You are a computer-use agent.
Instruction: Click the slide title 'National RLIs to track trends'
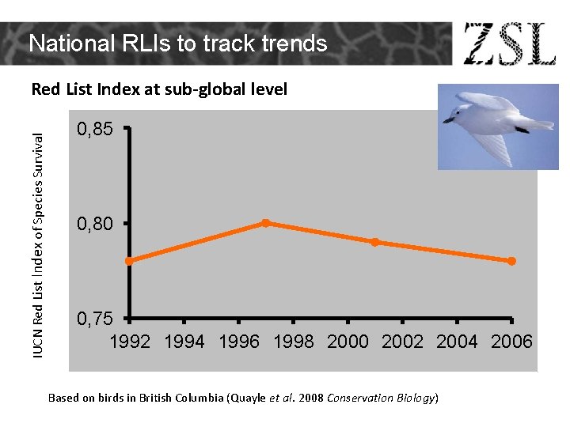[x=178, y=43]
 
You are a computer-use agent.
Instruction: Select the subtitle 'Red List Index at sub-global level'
[x=159, y=89]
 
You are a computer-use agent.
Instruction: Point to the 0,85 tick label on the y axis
[x=95, y=128]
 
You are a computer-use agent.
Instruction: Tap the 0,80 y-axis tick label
[x=95, y=225]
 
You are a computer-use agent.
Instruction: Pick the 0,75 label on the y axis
[x=95, y=319]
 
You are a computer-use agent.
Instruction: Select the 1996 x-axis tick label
[x=238, y=342]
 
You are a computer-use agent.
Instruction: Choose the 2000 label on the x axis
[x=348, y=342]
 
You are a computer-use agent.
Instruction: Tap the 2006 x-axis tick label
[x=511, y=342]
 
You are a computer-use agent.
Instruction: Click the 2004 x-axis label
[x=457, y=342]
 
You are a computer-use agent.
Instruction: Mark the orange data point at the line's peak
[x=266, y=223]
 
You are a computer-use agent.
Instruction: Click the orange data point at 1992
[x=129, y=261]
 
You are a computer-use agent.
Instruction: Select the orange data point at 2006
[x=511, y=261]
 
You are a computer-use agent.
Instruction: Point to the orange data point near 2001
[x=374, y=242]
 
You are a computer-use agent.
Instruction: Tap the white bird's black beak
[x=448, y=120]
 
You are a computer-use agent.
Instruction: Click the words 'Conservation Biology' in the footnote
[x=381, y=398]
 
